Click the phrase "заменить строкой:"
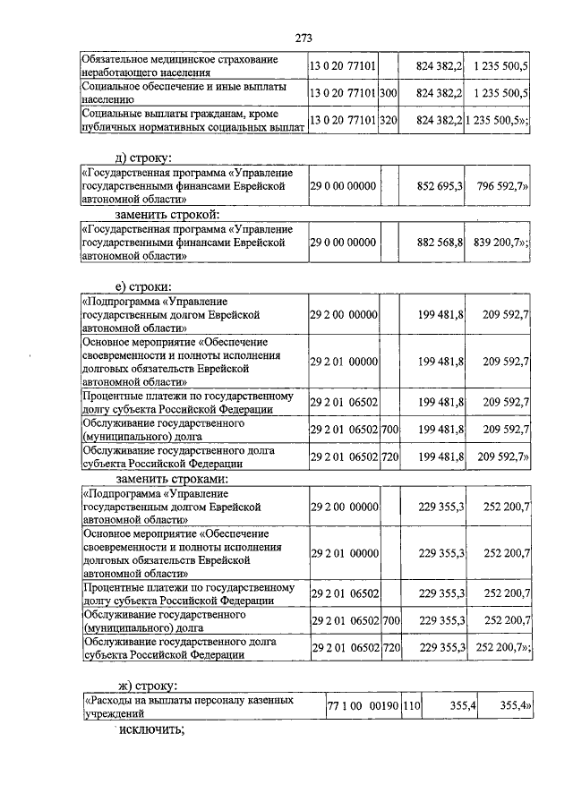pyautogui.click(x=167, y=215)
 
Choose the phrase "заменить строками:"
pyautogui.click(x=170, y=478)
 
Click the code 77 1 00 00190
pyautogui.click(x=363, y=707)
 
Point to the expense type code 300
pyautogui.click(x=389, y=92)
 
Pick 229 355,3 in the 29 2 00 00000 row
pyautogui.click(x=440, y=507)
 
